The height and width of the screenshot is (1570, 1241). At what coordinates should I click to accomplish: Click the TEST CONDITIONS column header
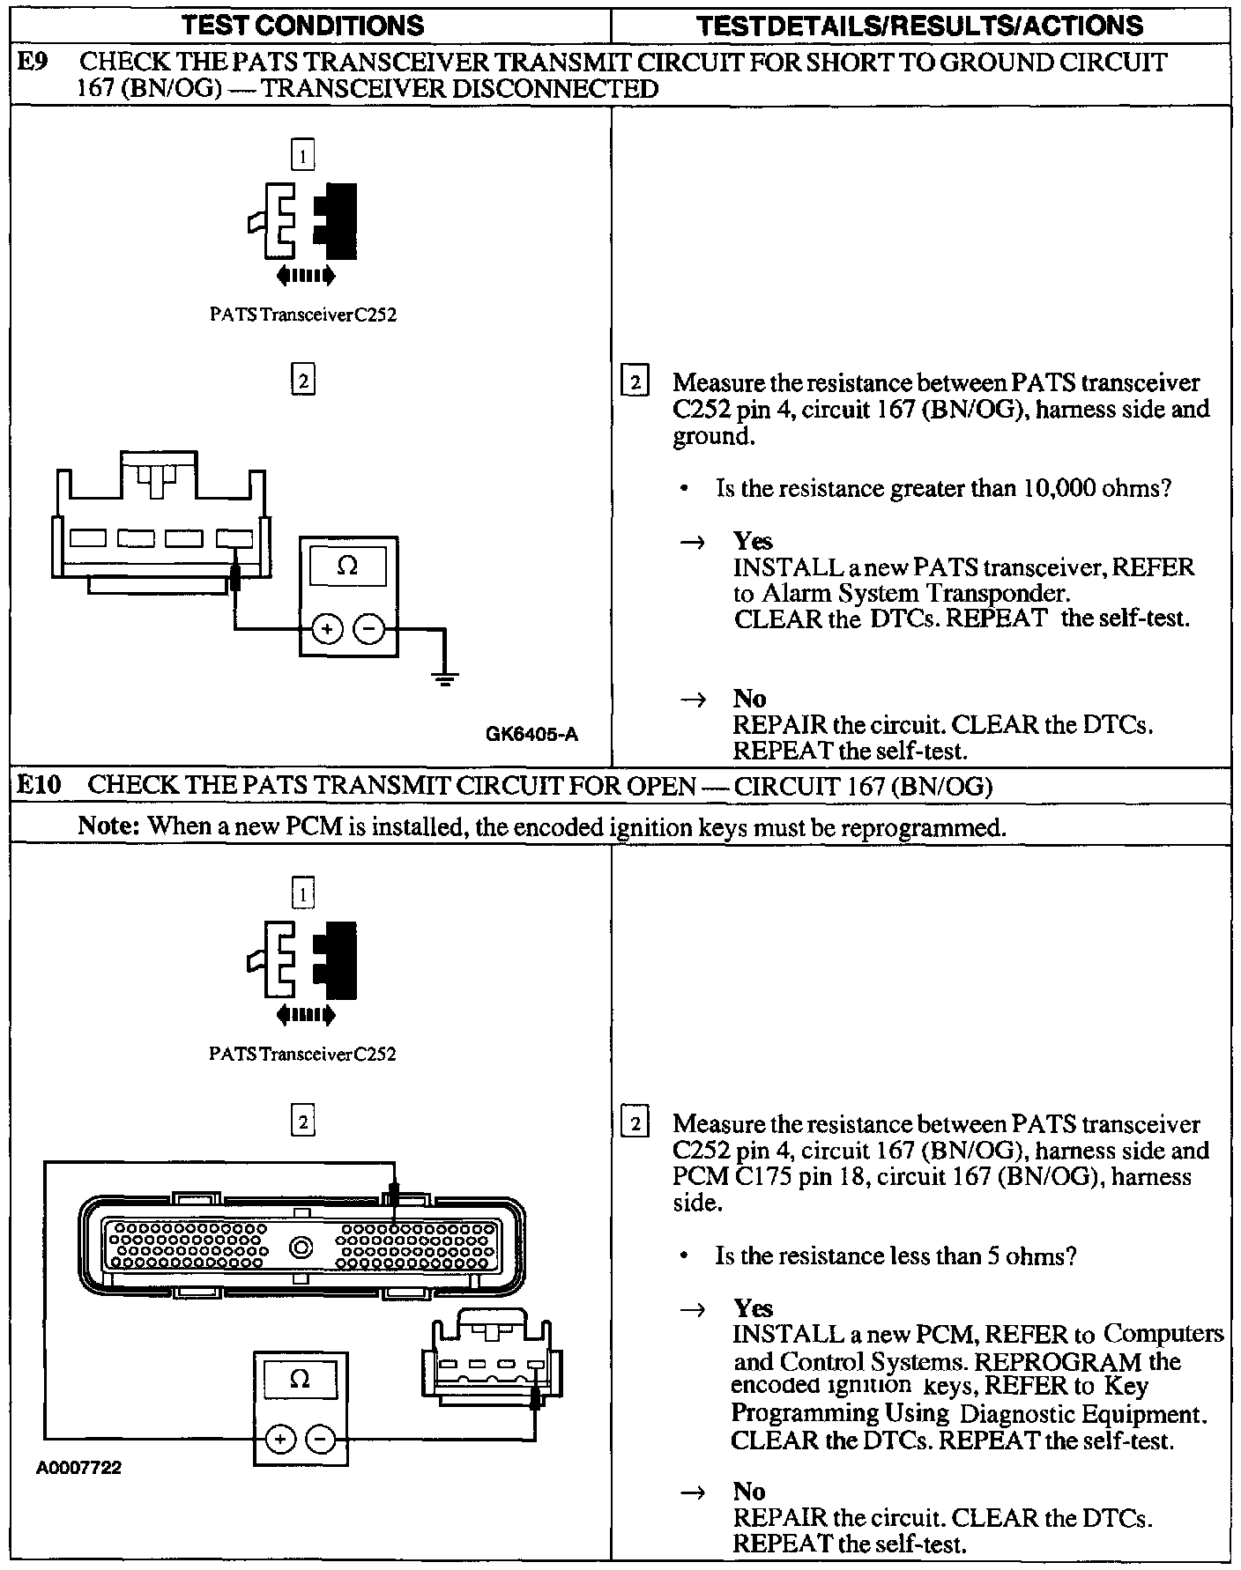[304, 26]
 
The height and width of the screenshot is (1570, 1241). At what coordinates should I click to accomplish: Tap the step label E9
[33, 63]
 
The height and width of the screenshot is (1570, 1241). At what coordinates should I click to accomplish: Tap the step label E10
[39, 784]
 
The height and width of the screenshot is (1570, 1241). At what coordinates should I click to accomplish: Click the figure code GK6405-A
[531, 734]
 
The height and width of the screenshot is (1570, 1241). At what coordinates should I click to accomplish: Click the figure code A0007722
[79, 1468]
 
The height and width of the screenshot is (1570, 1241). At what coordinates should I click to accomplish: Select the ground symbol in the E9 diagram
[444, 678]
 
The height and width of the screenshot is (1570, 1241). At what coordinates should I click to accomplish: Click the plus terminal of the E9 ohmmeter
[327, 629]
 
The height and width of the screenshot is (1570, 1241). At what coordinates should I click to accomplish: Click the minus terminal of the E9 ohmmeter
[369, 629]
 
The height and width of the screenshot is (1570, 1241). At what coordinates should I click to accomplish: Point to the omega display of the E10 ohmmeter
[300, 1379]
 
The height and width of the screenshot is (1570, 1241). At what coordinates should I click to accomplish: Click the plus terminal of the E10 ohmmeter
[279, 1440]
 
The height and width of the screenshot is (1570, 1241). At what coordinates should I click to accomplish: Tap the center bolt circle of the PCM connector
[301, 1248]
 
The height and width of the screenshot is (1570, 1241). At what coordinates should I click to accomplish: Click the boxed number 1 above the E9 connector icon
[302, 157]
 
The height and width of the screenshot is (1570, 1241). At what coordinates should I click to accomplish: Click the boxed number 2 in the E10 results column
[635, 1124]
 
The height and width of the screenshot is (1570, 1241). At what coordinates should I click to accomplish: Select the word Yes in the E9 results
[753, 541]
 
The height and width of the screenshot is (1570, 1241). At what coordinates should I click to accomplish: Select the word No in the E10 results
[749, 1491]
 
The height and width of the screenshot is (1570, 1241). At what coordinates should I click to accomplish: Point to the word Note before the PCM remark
[109, 826]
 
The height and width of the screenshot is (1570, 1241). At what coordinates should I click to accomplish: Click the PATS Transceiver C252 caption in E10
[302, 1054]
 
